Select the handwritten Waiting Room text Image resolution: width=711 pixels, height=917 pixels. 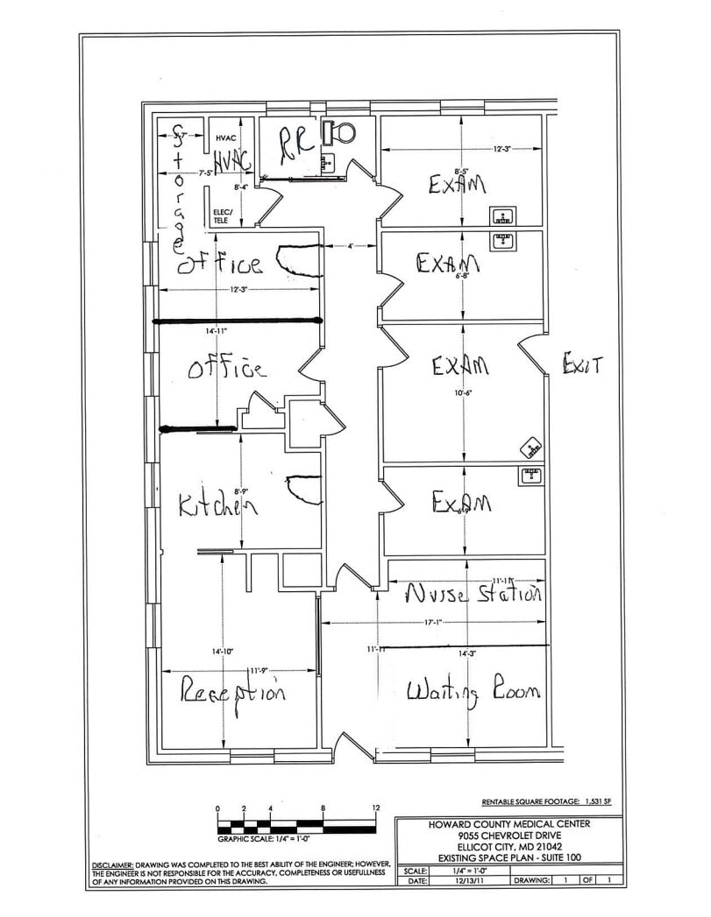(473, 691)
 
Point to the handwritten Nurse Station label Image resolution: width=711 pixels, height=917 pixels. (473, 595)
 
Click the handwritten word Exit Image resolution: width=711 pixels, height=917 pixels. (581, 364)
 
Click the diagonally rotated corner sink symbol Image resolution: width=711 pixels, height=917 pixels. (532, 448)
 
